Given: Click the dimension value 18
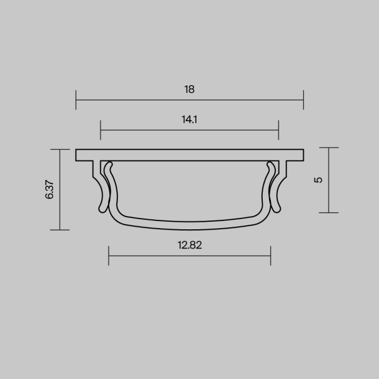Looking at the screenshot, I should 189,89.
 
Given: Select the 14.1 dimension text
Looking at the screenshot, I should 189,119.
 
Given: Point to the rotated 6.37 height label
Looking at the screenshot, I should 50,189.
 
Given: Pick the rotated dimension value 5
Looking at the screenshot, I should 319,179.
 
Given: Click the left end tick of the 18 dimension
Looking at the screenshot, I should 76,100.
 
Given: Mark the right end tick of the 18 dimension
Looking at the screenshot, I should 304,100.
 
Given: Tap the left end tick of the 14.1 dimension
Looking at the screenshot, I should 101,131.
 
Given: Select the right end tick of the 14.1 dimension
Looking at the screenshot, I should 279,131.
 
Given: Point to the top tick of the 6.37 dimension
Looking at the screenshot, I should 59,150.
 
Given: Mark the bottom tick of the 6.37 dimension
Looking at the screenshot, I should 59,230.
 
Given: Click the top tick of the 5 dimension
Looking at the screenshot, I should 329,148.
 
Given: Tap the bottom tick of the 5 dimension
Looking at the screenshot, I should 329,213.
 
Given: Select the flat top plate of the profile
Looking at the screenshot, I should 189,155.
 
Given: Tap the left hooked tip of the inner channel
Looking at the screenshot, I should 109,166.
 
